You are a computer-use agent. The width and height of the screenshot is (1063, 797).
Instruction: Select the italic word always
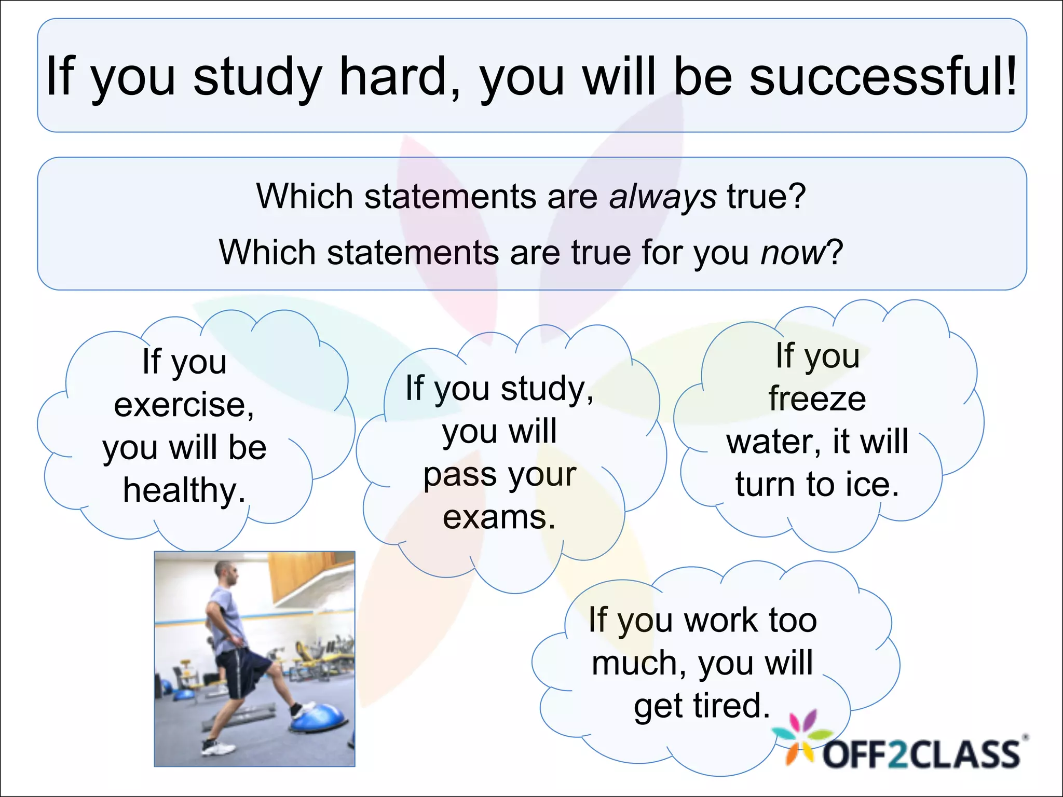(x=663, y=197)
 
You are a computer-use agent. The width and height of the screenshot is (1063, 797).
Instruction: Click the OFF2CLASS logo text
(x=921, y=754)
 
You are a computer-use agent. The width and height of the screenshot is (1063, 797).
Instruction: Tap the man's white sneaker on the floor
(x=218, y=748)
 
